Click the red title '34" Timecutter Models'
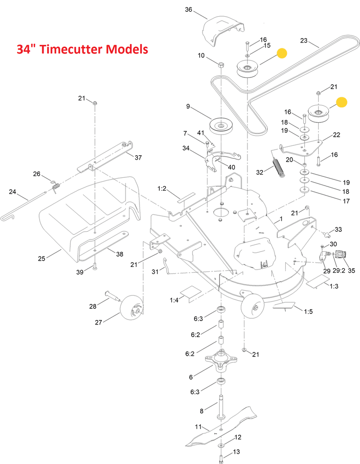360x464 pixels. click(82, 49)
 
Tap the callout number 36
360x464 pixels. click(189, 9)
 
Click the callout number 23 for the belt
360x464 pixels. click(304, 40)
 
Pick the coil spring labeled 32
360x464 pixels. click(279, 168)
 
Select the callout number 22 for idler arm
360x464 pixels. click(337, 135)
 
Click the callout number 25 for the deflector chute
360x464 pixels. click(41, 258)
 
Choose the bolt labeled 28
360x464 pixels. click(113, 296)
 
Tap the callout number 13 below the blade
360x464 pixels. click(236, 452)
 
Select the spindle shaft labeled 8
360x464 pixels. click(221, 407)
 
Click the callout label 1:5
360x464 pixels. click(308, 311)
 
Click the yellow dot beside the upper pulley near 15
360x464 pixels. click(282, 53)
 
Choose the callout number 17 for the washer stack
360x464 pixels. click(346, 201)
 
